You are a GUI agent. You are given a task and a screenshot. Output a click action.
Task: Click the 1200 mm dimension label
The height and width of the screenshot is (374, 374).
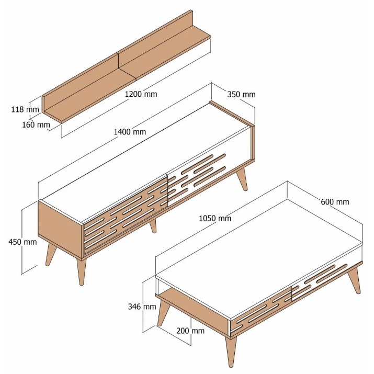pyautogui.click(x=141, y=94)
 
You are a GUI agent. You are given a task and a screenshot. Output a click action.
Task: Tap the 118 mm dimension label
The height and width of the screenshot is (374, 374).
pyautogui.click(x=25, y=109)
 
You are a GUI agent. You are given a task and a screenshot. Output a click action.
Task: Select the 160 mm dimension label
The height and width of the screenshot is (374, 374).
pyautogui.click(x=36, y=124)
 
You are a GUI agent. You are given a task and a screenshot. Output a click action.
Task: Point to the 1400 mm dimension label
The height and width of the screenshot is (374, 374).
pyautogui.click(x=130, y=131)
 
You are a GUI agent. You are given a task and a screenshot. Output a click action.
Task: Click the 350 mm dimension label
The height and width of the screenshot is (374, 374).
pyautogui.click(x=241, y=95)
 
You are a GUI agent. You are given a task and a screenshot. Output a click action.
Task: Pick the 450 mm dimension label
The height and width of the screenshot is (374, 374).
pyautogui.click(x=22, y=242)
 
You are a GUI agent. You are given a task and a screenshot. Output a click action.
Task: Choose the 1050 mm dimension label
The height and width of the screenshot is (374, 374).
pyautogui.click(x=215, y=218)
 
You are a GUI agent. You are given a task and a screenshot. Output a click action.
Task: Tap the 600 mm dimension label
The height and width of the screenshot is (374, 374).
pyautogui.click(x=335, y=202)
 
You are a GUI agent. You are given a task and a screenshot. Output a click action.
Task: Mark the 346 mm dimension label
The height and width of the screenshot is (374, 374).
pyautogui.click(x=142, y=306)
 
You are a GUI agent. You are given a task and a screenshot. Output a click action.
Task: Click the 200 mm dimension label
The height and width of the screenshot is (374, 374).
pyautogui.click(x=190, y=331)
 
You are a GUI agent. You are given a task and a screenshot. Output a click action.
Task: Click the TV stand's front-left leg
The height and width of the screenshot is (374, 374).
pyautogui.click(x=81, y=271)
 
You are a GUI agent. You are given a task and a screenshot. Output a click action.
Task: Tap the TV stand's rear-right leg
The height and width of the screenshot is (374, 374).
pyautogui.click(x=242, y=179)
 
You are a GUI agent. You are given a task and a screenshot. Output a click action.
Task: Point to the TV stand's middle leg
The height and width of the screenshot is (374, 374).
pyautogui.click(x=153, y=225)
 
